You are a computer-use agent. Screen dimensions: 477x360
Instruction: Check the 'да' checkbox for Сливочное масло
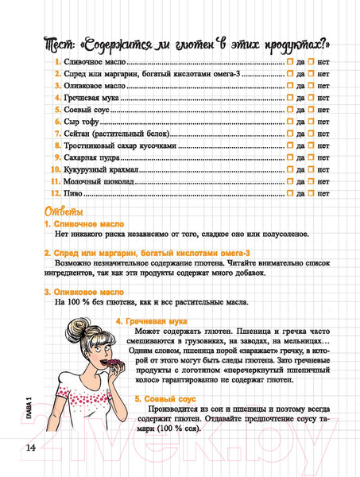click(x=291, y=60)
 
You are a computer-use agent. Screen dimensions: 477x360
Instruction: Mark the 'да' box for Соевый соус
click(x=291, y=109)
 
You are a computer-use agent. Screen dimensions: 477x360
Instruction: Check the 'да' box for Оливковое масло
click(x=291, y=85)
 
